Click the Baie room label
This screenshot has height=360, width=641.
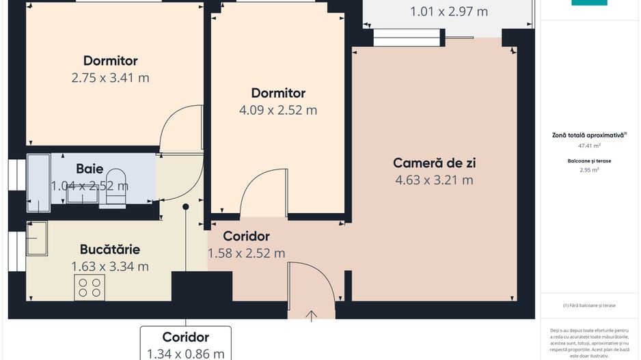90,168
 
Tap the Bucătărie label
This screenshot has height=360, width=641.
109,249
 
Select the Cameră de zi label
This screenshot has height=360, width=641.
434,163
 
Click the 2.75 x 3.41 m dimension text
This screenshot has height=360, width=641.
110,78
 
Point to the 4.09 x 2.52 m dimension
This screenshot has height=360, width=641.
278,110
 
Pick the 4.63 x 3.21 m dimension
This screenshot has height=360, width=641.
434,180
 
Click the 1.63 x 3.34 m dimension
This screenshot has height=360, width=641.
109,266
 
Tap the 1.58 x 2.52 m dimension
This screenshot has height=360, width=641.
246,253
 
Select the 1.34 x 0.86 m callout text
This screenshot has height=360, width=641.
186,353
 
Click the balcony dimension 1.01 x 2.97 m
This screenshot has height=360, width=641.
448,12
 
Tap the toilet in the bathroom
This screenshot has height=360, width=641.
117,186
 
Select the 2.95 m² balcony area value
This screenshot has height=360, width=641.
589,170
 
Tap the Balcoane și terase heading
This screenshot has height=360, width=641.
589,161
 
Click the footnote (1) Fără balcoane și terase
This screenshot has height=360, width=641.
589,305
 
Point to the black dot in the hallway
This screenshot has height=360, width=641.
185,207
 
